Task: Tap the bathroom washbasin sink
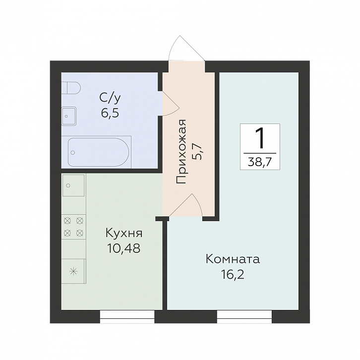tap(69, 116)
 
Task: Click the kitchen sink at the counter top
tap(73, 185)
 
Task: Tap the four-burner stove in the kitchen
tap(73, 227)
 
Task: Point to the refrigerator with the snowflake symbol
tap(73, 271)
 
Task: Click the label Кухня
tap(124, 234)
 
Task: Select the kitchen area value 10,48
tap(123, 248)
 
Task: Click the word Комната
tap(233, 259)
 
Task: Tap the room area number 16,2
tap(233, 274)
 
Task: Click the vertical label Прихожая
tap(181, 152)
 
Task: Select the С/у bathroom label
tap(110, 99)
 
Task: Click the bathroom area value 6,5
tap(110, 113)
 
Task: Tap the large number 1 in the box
tap(260, 138)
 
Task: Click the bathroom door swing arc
tap(171, 104)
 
